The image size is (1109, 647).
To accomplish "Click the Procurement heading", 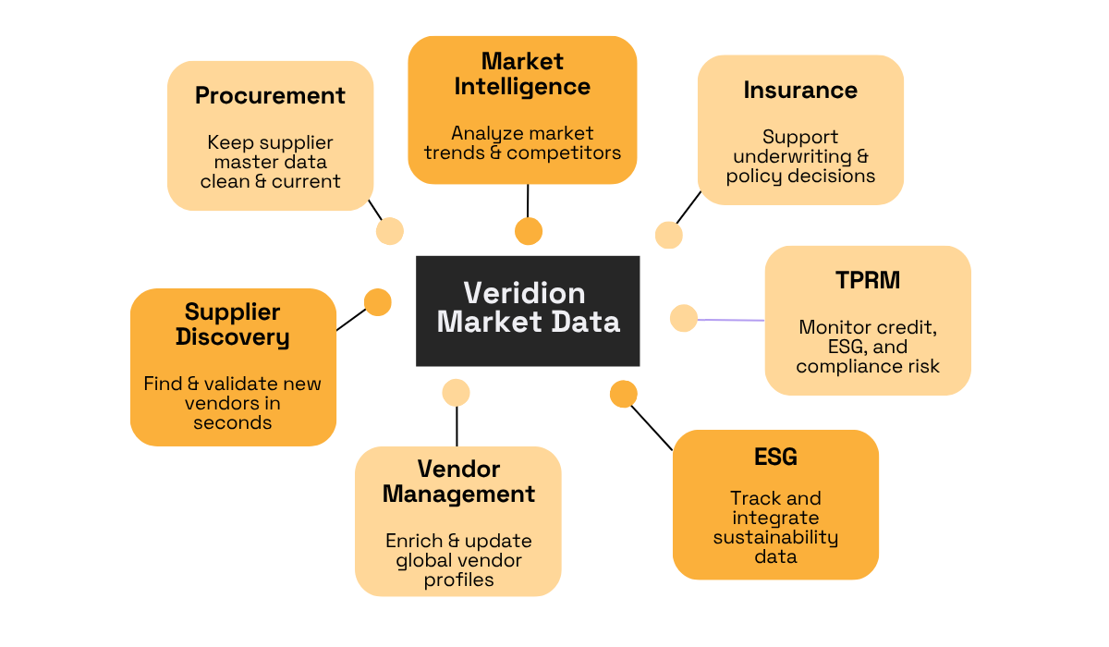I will click(270, 95).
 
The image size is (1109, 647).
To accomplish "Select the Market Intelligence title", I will click(522, 74).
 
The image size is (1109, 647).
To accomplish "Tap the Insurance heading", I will click(800, 90).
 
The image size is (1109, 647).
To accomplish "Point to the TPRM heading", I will click(867, 280).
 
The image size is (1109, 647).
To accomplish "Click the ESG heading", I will click(775, 457).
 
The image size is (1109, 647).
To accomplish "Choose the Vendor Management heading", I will click(458, 482).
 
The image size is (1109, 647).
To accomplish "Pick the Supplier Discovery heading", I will click(232, 324).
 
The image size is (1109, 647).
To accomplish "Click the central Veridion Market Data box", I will click(528, 310).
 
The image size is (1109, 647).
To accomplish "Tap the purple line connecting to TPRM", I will click(731, 320).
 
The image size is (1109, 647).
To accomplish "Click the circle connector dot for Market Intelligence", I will click(529, 231).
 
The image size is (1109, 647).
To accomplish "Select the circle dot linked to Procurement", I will click(390, 231).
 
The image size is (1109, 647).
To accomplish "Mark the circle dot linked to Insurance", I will click(668, 235).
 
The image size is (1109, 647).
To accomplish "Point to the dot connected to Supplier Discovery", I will click(377, 302).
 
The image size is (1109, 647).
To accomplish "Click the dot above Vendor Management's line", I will click(456, 392).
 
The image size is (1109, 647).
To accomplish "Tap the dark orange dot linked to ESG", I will click(624, 395).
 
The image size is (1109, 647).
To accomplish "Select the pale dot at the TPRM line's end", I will click(683, 318).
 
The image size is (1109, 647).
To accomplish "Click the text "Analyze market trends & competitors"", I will click(522, 143).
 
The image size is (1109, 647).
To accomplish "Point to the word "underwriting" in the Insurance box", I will click(800, 156).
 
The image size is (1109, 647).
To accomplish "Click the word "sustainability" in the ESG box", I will click(775, 537).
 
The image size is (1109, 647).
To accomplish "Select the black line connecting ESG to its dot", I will click(652, 427).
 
